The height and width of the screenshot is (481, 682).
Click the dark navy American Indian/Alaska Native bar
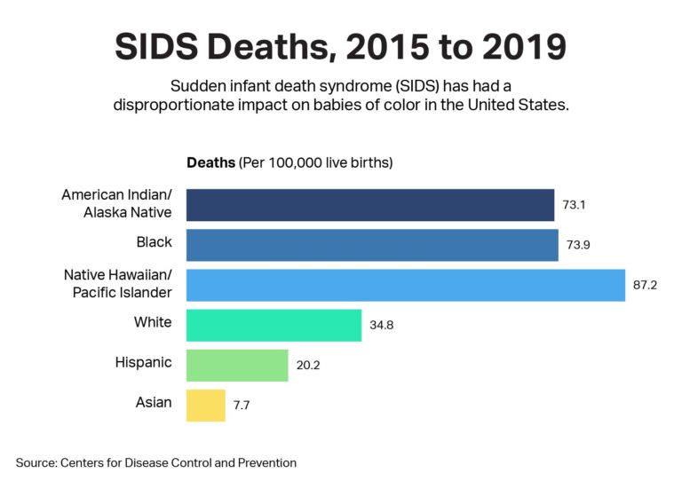[x=369, y=204]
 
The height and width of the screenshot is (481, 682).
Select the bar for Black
[x=372, y=244]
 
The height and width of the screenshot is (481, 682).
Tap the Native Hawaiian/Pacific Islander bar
[x=405, y=284]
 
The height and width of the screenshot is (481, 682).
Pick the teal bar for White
[x=274, y=325]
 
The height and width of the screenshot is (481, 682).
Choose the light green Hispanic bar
[x=237, y=365]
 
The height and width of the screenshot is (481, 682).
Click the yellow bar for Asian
[x=206, y=405]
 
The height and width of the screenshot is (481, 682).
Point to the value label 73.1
[x=575, y=204]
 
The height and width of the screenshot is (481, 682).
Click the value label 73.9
[x=578, y=244]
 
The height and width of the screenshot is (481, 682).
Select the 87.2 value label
[x=646, y=285]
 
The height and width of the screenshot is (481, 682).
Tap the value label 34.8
[x=381, y=325]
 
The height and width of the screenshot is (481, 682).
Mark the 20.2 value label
[x=308, y=365]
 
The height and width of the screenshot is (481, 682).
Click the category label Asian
[x=154, y=403]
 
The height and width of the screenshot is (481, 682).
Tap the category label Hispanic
[x=143, y=362]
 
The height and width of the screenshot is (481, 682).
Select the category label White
[x=153, y=322]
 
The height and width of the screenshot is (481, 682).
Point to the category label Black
[x=155, y=241]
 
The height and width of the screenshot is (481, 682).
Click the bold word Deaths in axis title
[x=211, y=163]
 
